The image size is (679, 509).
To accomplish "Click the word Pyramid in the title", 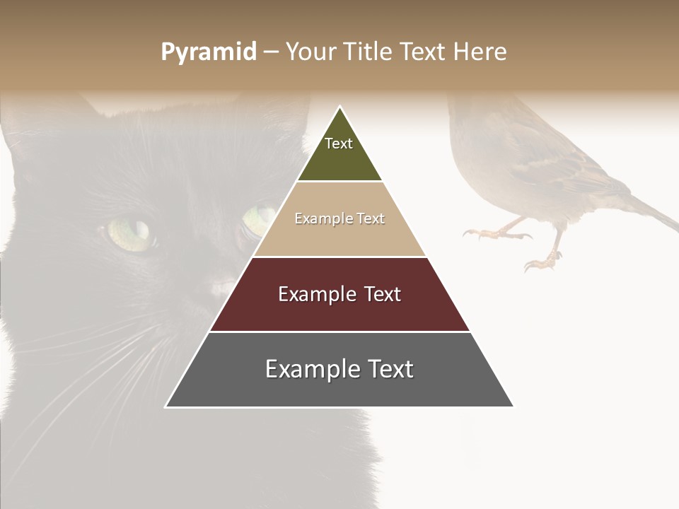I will click(x=209, y=52).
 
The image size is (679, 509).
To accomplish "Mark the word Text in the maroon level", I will click(x=383, y=294).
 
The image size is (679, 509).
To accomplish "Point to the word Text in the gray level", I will click(x=390, y=369).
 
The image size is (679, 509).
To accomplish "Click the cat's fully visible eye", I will click(x=131, y=233).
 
